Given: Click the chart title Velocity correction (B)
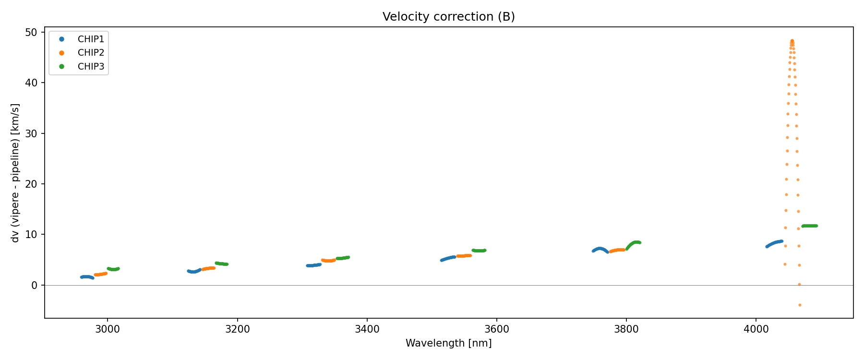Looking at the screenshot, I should [x=448, y=17].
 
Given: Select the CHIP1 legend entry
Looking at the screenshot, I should [x=91, y=39].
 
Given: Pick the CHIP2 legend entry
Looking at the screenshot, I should [x=91, y=53].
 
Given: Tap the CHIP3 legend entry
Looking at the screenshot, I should [x=91, y=67].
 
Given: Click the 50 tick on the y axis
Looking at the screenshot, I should [x=31, y=33].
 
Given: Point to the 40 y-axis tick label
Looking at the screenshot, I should [x=31, y=83].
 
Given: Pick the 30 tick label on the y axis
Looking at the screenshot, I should [x=31, y=133].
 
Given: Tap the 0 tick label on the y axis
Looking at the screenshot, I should [x=34, y=285].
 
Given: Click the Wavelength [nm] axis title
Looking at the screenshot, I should [x=448, y=343].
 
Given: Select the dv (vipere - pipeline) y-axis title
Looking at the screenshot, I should [x=15, y=173].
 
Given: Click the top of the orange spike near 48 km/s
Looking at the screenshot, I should [x=792, y=41].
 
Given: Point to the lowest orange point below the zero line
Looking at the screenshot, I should [x=800, y=305].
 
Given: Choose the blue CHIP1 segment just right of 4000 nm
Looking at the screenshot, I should [x=774, y=243].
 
